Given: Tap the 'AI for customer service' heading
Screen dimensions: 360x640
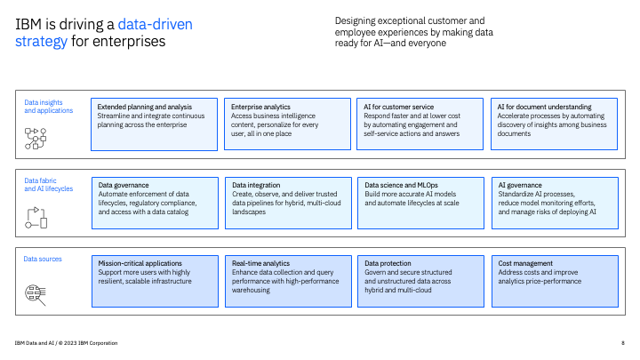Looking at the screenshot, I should coord(400,107).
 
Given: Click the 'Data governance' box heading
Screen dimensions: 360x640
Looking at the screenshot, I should coord(124,185).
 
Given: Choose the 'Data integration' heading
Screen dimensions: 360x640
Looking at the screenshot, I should coord(257,185).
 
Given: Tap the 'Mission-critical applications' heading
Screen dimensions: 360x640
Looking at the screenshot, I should coord(140,263).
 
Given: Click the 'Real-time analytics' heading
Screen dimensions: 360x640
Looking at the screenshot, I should coord(260,263).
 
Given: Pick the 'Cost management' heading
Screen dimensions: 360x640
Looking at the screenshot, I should coord(525,263).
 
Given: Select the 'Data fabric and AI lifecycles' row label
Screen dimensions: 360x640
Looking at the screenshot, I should coord(48,185).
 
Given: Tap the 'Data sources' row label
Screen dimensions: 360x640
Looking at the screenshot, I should coord(43,259).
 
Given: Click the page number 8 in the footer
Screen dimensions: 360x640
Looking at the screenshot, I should coord(622,343).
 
